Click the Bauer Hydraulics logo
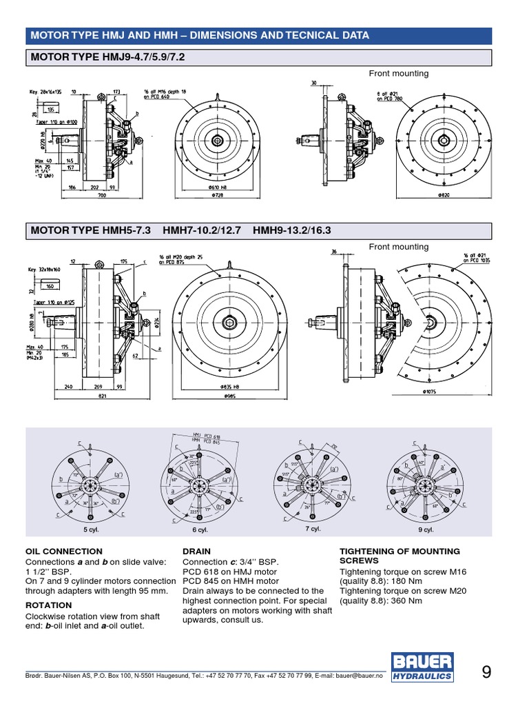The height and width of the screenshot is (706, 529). click(423, 667)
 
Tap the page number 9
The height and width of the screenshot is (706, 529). click(486, 673)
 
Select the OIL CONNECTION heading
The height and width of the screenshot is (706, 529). click(63, 552)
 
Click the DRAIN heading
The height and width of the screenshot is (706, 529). click(196, 552)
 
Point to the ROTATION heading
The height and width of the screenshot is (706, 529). click(49, 605)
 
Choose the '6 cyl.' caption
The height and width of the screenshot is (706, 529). click(200, 529)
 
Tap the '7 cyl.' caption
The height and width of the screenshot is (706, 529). click(313, 529)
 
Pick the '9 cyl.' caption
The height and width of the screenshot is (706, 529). click(425, 529)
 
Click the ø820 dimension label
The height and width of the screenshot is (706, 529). click(445, 196)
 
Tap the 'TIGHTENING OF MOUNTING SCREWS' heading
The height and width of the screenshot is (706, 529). click(400, 556)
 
